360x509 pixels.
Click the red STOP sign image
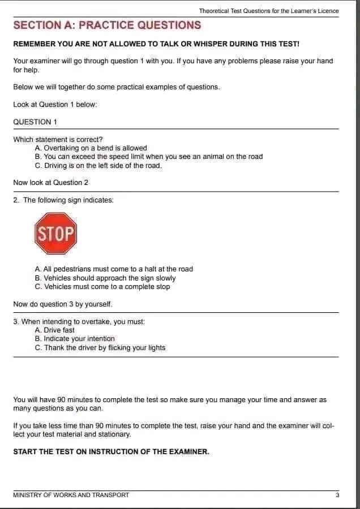click(x=55, y=233)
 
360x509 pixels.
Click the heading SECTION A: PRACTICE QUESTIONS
click(x=107, y=25)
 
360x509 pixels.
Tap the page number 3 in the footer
click(x=337, y=495)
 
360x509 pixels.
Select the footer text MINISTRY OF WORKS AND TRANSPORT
click(x=71, y=495)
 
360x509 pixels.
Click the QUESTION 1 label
click(x=35, y=122)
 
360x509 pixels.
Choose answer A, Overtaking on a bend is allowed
click(x=91, y=148)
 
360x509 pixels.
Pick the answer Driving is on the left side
click(x=98, y=166)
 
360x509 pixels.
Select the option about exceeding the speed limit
click(x=148, y=157)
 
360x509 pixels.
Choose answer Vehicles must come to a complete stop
click(x=102, y=287)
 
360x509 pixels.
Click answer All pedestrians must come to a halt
click(x=113, y=269)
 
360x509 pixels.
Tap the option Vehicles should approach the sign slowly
click(x=105, y=278)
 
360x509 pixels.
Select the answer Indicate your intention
click(x=74, y=339)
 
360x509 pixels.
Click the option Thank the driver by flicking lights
click(x=100, y=348)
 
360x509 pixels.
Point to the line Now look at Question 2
click(x=51, y=183)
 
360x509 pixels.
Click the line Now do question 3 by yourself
click(x=63, y=304)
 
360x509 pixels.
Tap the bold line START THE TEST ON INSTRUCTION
click(x=111, y=452)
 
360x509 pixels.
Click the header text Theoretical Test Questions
click(x=269, y=11)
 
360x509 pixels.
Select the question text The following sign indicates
click(x=63, y=200)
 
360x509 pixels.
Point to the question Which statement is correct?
click(x=58, y=139)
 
